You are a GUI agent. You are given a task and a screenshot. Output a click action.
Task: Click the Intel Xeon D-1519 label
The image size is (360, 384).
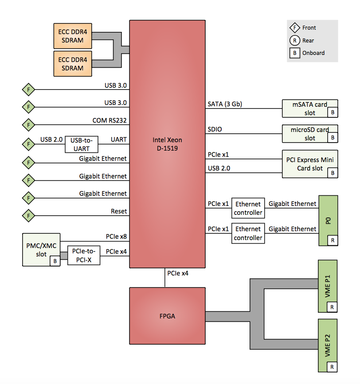pyautogui.click(x=168, y=144)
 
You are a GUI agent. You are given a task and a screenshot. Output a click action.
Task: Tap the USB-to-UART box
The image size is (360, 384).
pyautogui.click(x=82, y=144)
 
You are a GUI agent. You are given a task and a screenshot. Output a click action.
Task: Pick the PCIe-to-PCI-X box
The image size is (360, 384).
pyautogui.click(x=84, y=256)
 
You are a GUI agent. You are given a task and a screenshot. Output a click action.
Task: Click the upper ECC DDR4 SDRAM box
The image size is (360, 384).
pyautogui.click(x=73, y=36)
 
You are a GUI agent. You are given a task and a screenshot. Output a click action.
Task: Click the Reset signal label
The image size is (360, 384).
pyautogui.click(x=119, y=211)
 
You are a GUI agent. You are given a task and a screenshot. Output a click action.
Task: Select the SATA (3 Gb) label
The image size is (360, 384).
pyautogui.click(x=225, y=105)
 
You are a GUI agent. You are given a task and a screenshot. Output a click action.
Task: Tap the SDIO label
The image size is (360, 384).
pyautogui.click(x=215, y=129)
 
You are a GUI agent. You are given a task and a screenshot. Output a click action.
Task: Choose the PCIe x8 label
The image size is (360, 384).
pyautogui.click(x=116, y=237)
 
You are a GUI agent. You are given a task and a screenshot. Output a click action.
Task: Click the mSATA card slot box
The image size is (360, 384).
pyautogui.click(x=310, y=109)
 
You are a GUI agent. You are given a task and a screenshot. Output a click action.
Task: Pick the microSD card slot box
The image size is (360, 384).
pyautogui.click(x=310, y=134)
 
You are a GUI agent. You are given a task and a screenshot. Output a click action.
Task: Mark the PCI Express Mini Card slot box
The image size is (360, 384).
pyautogui.click(x=310, y=164)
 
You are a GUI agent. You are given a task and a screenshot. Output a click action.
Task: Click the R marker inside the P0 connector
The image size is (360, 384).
pyautogui.click(x=332, y=240)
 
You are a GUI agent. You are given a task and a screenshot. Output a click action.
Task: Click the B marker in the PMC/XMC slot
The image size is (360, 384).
pyautogui.click(x=55, y=261)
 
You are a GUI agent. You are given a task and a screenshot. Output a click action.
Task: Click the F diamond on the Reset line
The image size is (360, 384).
pyautogui.click(x=28, y=216)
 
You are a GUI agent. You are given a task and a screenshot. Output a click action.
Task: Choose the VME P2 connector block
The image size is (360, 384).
pyautogui.click(x=328, y=345)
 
